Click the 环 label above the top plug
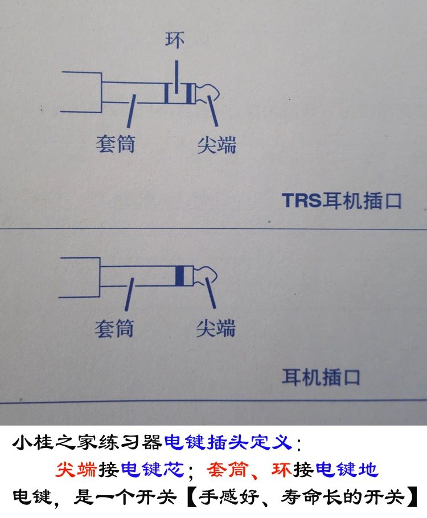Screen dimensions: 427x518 click(175, 40)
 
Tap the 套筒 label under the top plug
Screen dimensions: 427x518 click(116, 144)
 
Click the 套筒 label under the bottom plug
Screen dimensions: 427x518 click(114, 328)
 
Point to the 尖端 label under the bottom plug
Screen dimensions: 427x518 click(215, 328)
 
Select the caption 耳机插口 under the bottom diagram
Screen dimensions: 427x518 click(321, 377)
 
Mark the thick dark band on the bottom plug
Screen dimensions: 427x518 click(180, 276)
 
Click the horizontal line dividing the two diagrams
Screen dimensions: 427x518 click(213, 229)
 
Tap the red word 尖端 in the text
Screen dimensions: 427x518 click(76, 470)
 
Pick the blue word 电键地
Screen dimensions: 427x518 click(346, 470)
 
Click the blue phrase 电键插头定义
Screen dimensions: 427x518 click(230, 442)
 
